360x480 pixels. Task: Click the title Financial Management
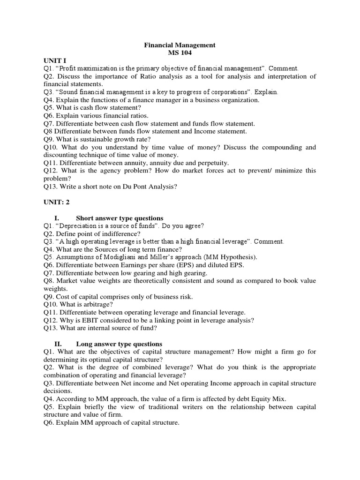(x=180, y=45)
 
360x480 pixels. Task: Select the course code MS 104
(x=180, y=53)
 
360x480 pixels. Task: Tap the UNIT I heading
(x=55, y=61)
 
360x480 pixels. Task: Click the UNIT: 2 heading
(x=57, y=202)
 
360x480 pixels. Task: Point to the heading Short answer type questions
(x=120, y=218)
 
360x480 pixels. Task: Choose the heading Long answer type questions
(x=119, y=344)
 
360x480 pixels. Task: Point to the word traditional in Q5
(x=163, y=407)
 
